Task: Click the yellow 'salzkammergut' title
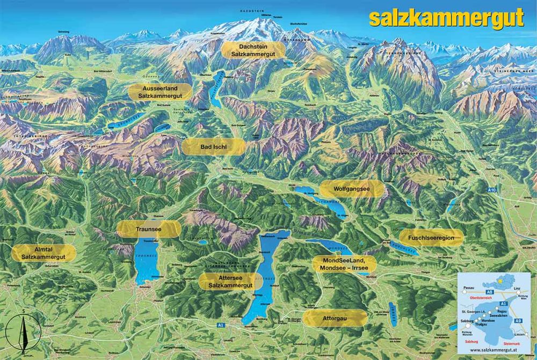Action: [446, 18]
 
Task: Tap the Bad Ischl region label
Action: [214, 146]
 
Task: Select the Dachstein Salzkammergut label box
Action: [253, 50]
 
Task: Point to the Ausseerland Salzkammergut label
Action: [160, 91]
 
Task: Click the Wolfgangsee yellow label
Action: [352, 189]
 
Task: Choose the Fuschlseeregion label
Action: [431, 238]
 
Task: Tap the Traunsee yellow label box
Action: [149, 229]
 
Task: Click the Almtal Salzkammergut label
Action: [43, 253]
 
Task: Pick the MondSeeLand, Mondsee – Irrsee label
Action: [344, 263]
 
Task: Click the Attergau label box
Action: [335, 318]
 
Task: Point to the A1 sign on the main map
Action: [221, 325]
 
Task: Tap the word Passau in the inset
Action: [469, 288]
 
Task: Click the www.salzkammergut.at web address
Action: [493, 349]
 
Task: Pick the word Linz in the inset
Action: [519, 288]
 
